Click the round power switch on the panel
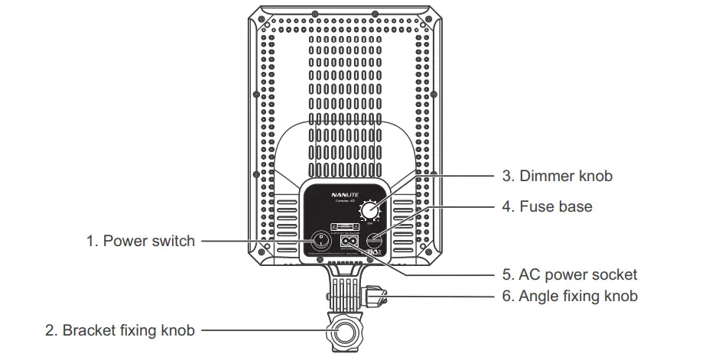(x=322, y=242)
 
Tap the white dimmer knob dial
(x=371, y=209)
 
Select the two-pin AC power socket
(x=349, y=242)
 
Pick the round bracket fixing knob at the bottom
(x=343, y=331)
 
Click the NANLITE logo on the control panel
(x=345, y=194)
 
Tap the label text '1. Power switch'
(x=141, y=242)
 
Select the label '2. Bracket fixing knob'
(x=121, y=331)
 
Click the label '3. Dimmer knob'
(x=557, y=176)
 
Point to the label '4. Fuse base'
(x=547, y=206)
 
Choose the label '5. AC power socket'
(x=570, y=274)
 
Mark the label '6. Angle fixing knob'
(x=570, y=296)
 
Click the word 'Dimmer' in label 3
(x=548, y=176)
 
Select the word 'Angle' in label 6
(x=538, y=296)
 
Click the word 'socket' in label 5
(x=616, y=274)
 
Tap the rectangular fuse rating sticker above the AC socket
(x=345, y=228)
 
